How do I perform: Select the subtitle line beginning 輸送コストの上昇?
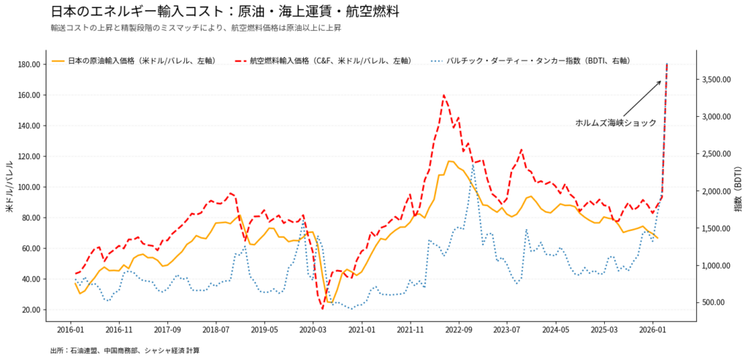(196, 28)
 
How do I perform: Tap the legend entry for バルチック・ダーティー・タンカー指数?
(538, 61)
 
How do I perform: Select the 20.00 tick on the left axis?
(30, 310)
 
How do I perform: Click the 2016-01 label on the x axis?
(71, 330)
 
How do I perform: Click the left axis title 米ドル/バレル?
(10, 187)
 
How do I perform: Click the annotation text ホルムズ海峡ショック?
(616, 123)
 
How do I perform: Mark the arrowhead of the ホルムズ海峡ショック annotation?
(660, 81)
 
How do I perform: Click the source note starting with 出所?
(124, 351)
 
